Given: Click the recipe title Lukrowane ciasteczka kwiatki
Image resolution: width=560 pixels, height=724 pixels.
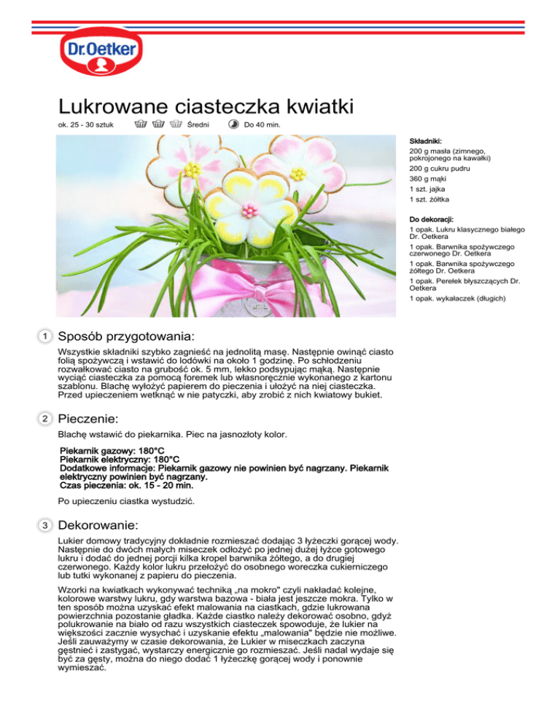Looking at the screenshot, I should pos(206,106).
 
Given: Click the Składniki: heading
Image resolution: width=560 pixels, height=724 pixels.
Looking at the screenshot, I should pos(426,141).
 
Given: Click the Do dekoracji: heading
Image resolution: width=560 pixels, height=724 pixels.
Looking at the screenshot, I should pos(431,219).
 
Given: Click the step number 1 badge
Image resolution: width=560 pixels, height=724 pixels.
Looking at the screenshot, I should pos(45,337).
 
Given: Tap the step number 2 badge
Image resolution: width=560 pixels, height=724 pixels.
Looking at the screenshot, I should pos(45,420).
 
